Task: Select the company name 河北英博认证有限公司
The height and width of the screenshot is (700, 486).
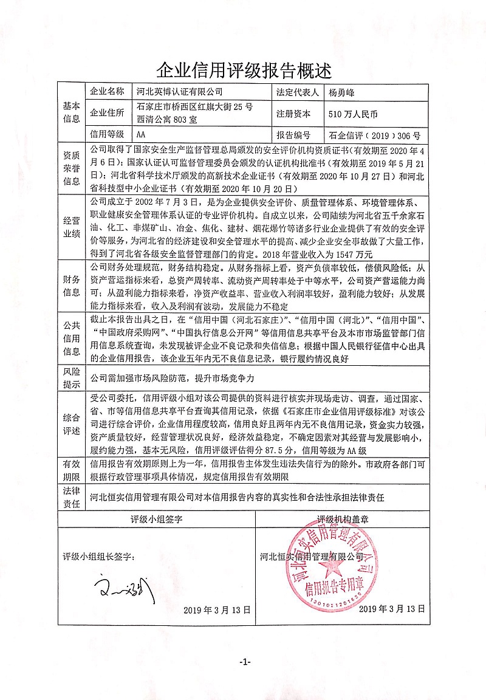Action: point(179,92)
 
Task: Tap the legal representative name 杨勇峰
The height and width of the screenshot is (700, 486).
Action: point(345,92)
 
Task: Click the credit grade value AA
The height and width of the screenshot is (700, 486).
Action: point(141,134)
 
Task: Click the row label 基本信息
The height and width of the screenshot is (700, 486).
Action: point(70,112)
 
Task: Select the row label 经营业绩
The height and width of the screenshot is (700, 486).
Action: point(70,226)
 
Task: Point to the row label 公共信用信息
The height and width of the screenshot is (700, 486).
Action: point(70,337)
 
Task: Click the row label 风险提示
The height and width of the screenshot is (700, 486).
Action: point(70,377)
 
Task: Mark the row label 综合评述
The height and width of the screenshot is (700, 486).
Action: point(70,423)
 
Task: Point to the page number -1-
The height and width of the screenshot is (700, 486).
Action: point(244,661)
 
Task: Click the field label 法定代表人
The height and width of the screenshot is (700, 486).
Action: point(298,92)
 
